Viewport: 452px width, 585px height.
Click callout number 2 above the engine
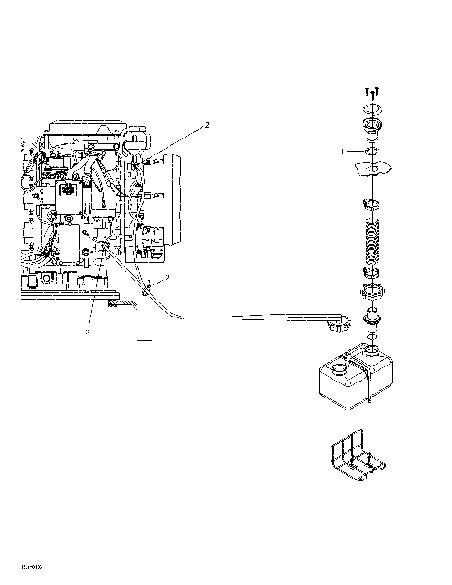click(207, 125)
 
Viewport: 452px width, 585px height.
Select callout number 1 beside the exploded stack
click(344, 150)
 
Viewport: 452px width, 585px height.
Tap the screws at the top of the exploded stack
click(372, 93)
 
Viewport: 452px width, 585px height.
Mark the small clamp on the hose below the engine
click(147, 293)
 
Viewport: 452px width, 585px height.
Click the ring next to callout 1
click(370, 150)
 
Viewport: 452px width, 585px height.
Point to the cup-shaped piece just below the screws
click(370, 126)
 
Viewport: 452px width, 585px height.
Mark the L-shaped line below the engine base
click(141, 330)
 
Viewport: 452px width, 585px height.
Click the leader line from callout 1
click(356, 150)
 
